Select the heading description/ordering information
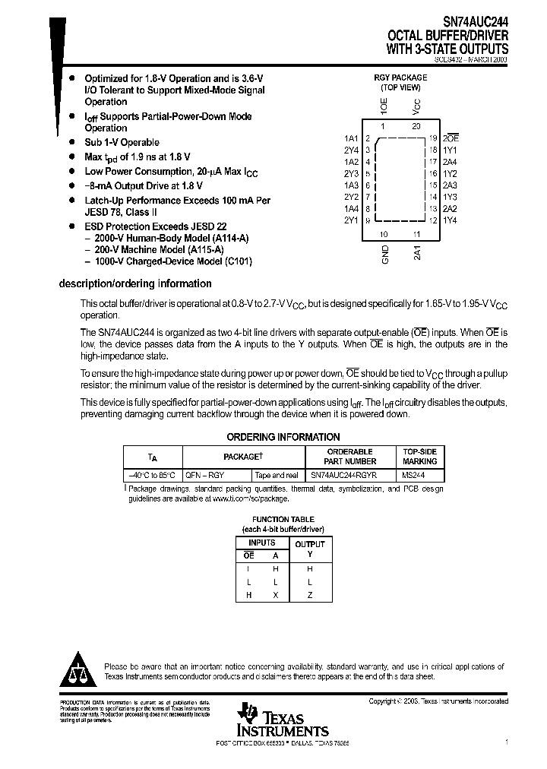[x=135, y=283]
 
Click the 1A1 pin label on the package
[x=350, y=138]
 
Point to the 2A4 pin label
[x=450, y=162]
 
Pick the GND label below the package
[x=385, y=254]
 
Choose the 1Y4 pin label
[x=450, y=220]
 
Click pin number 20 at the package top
[x=416, y=126]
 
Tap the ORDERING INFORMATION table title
[x=283, y=437]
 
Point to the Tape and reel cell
[x=277, y=475]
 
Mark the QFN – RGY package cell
[x=205, y=475]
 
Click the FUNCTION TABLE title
[x=283, y=519]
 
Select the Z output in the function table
[x=309, y=595]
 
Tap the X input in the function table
[x=276, y=595]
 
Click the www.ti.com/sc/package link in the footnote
[x=250, y=498]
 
